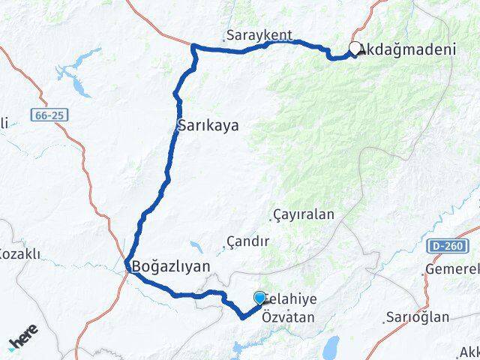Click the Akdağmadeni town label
click(408, 50)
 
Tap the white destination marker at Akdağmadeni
click(355, 48)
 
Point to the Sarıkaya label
click(208, 125)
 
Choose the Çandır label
click(250, 242)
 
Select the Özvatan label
click(288, 317)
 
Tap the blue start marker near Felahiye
click(260, 298)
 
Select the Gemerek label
click(452, 268)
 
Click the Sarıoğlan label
click(418, 316)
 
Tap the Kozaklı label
click(21, 253)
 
